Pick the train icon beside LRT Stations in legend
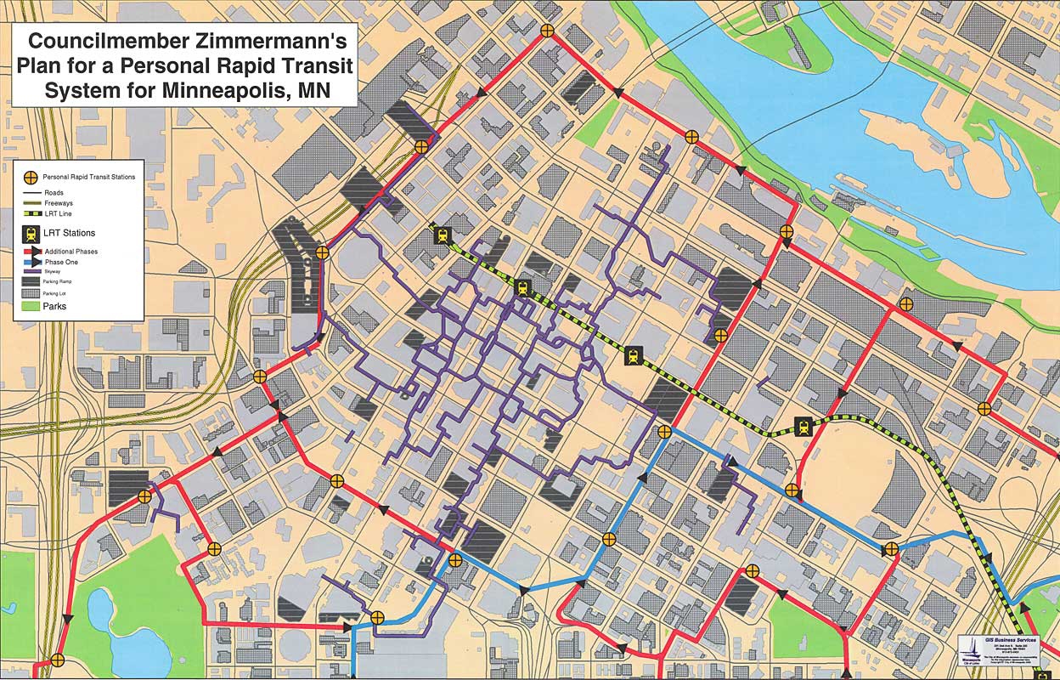(31, 233)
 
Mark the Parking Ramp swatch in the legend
(30, 281)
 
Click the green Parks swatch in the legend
(30, 306)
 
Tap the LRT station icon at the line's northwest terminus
(441, 235)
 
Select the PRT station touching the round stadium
(792, 490)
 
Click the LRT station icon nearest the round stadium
(803, 427)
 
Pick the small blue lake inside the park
(100, 618)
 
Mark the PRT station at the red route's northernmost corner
(548, 31)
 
